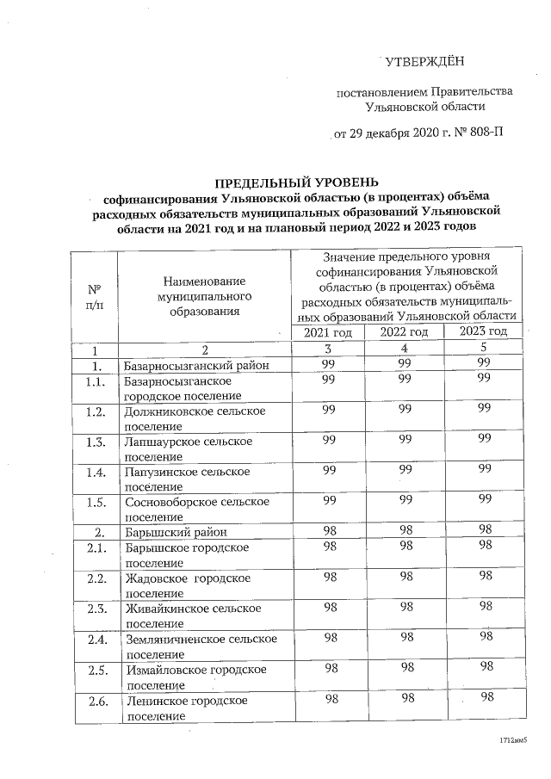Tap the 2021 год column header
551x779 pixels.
(x=329, y=332)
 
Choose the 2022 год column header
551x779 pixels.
(x=405, y=332)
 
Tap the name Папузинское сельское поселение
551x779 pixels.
(x=187, y=479)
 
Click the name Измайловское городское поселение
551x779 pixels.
(x=195, y=676)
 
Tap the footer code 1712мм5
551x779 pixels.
(x=511, y=740)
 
